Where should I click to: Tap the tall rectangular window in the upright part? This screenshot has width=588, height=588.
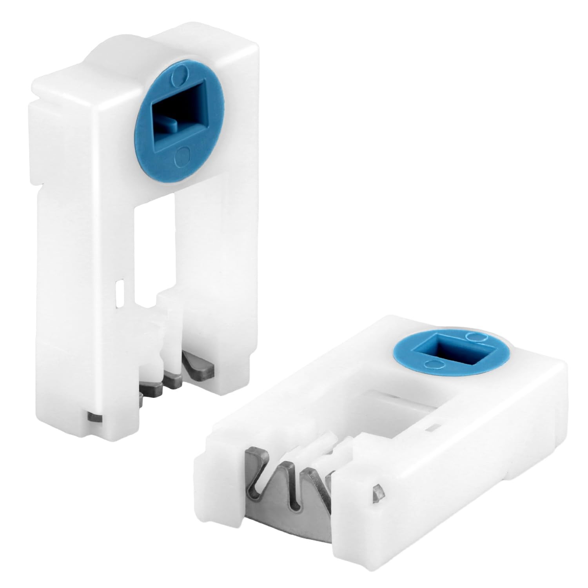click(x=154, y=243)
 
